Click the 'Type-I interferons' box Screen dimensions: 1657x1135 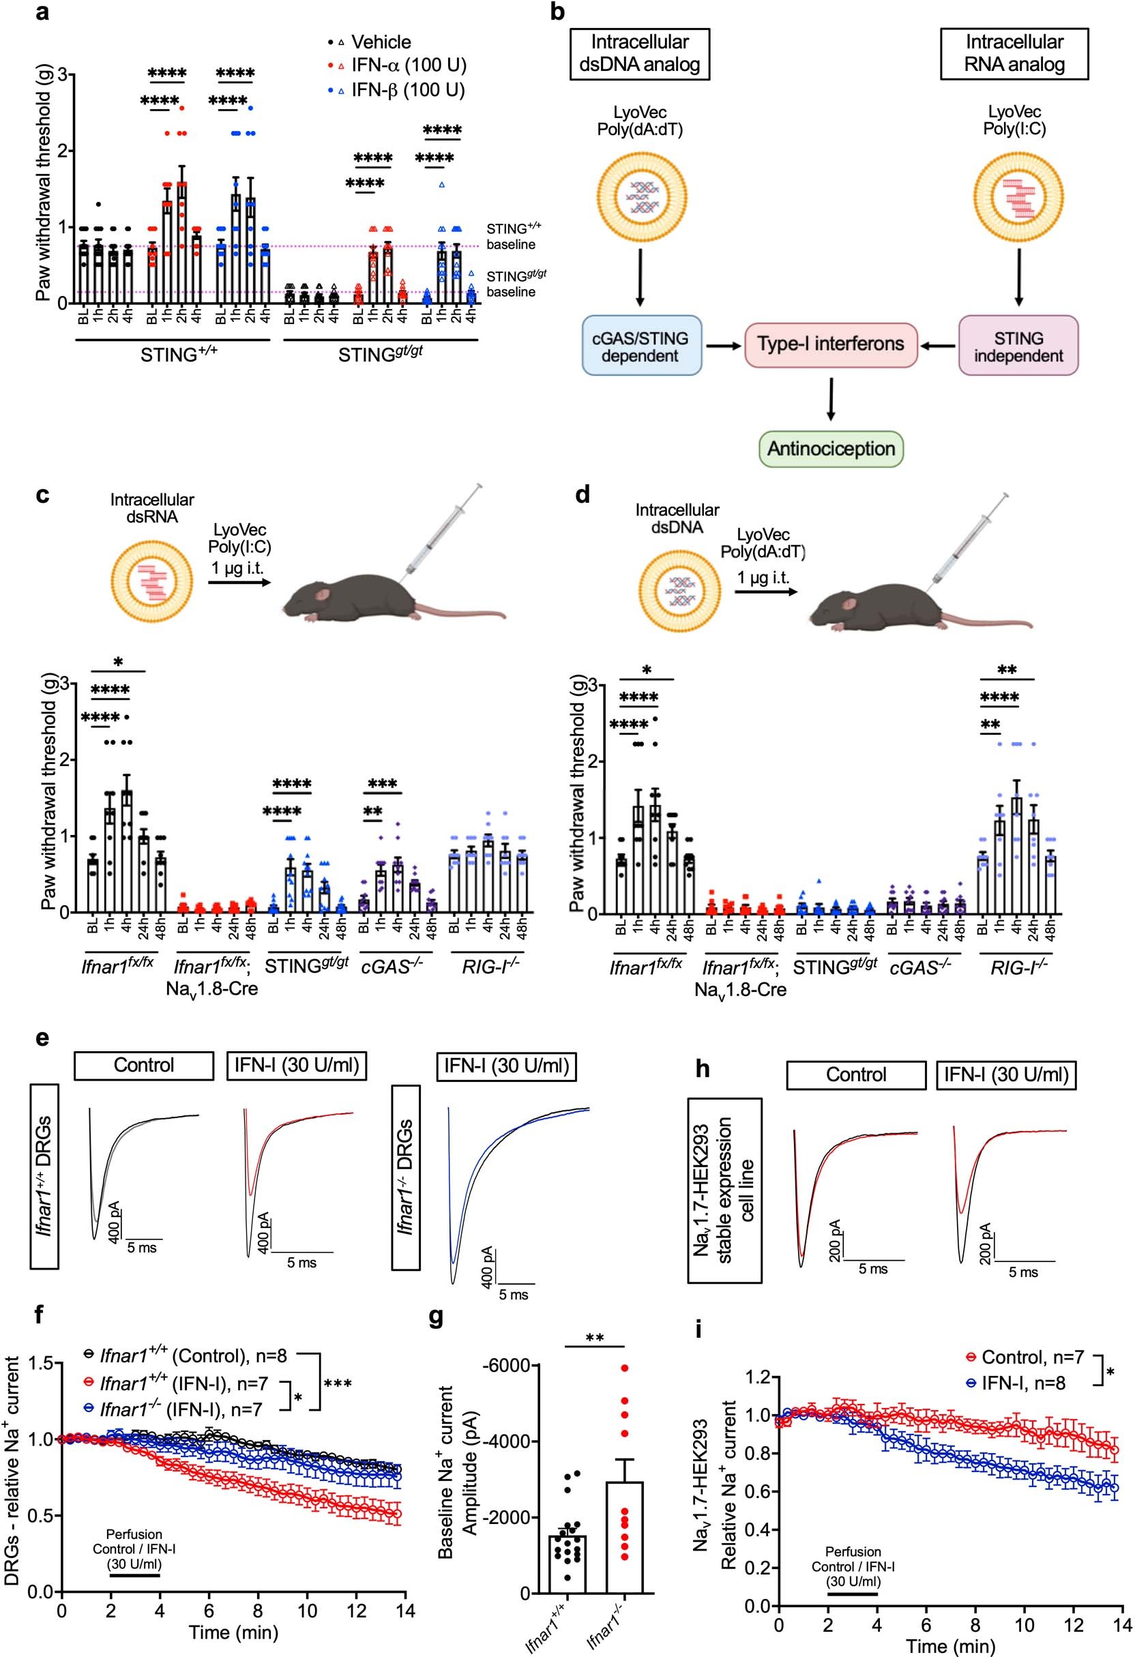pos(831,344)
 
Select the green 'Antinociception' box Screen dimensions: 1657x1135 pos(831,449)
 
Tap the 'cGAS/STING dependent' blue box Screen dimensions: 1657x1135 pos(640,346)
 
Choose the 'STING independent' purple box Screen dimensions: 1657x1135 pos(1018,346)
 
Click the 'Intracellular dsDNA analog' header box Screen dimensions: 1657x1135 pos(640,53)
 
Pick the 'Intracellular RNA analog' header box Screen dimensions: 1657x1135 pos(1014,53)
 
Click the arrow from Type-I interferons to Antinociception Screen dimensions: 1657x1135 pos(831,399)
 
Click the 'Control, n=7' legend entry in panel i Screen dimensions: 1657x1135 pos(1023,1357)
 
